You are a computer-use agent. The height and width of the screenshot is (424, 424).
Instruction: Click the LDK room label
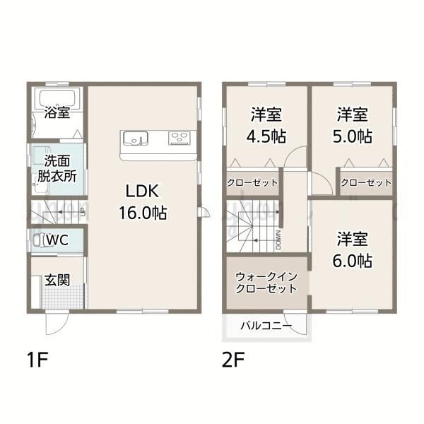142,192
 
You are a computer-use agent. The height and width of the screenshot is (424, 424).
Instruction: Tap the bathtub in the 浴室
57,99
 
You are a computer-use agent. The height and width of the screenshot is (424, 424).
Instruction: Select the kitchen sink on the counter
136,139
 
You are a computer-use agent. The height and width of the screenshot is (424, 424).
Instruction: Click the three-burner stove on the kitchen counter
179,138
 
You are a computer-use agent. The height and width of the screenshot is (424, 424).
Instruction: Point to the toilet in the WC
38,240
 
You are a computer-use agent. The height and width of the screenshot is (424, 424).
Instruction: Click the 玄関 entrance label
57,280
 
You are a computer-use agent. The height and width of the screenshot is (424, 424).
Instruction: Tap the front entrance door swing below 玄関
57,322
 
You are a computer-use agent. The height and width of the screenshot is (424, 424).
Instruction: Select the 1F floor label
37,360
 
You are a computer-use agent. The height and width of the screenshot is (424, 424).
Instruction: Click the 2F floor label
233,360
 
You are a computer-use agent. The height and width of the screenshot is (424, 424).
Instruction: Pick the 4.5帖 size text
266,136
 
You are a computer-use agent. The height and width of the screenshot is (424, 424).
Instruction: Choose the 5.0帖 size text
353,136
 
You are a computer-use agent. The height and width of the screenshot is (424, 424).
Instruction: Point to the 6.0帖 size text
353,261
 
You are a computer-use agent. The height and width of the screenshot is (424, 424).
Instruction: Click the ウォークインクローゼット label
266,283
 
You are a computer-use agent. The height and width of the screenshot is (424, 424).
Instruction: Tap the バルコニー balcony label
266,326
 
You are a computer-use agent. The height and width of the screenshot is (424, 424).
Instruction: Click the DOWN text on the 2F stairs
278,240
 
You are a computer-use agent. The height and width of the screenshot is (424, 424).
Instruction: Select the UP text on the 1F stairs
83,212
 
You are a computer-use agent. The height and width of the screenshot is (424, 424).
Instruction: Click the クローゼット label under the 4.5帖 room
252,183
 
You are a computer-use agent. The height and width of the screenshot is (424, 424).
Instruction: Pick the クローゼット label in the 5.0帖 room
366,183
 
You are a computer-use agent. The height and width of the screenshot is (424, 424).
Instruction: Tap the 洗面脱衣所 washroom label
57,168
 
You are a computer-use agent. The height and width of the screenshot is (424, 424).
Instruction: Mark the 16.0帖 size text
143,213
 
